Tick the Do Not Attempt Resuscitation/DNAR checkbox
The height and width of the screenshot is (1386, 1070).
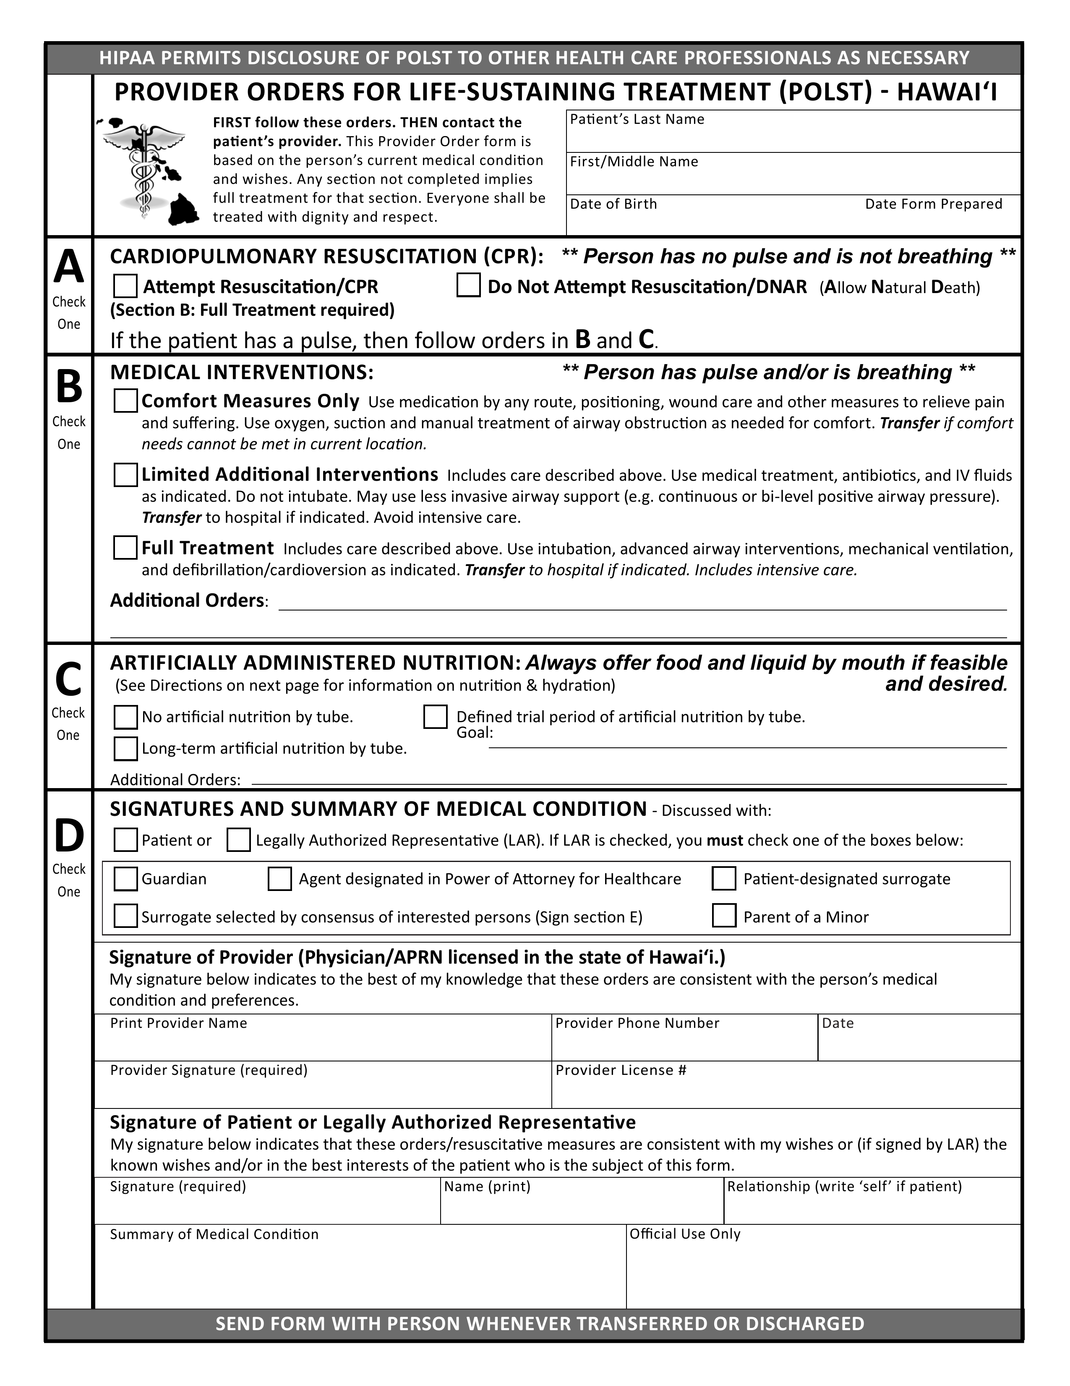(x=468, y=285)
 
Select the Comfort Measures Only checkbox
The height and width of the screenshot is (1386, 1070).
(x=125, y=401)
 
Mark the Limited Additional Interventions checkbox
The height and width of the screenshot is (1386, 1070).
(x=125, y=475)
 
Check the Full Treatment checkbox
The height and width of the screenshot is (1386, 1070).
(x=125, y=548)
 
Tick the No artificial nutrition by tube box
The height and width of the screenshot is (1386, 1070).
(x=125, y=717)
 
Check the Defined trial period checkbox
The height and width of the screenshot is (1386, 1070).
(x=435, y=717)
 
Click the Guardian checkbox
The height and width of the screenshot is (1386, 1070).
(x=125, y=879)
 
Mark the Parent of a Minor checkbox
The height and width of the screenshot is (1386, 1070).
(x=724, y=916)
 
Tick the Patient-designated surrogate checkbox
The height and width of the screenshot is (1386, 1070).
(x=724, y=879)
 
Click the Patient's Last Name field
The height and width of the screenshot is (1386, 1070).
(x=793, y=136)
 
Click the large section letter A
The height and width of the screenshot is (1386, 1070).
(x=68, y=267)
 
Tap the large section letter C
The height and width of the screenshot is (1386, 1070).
(x=68, y=679)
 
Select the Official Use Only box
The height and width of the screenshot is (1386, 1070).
(x=822, y=1272)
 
